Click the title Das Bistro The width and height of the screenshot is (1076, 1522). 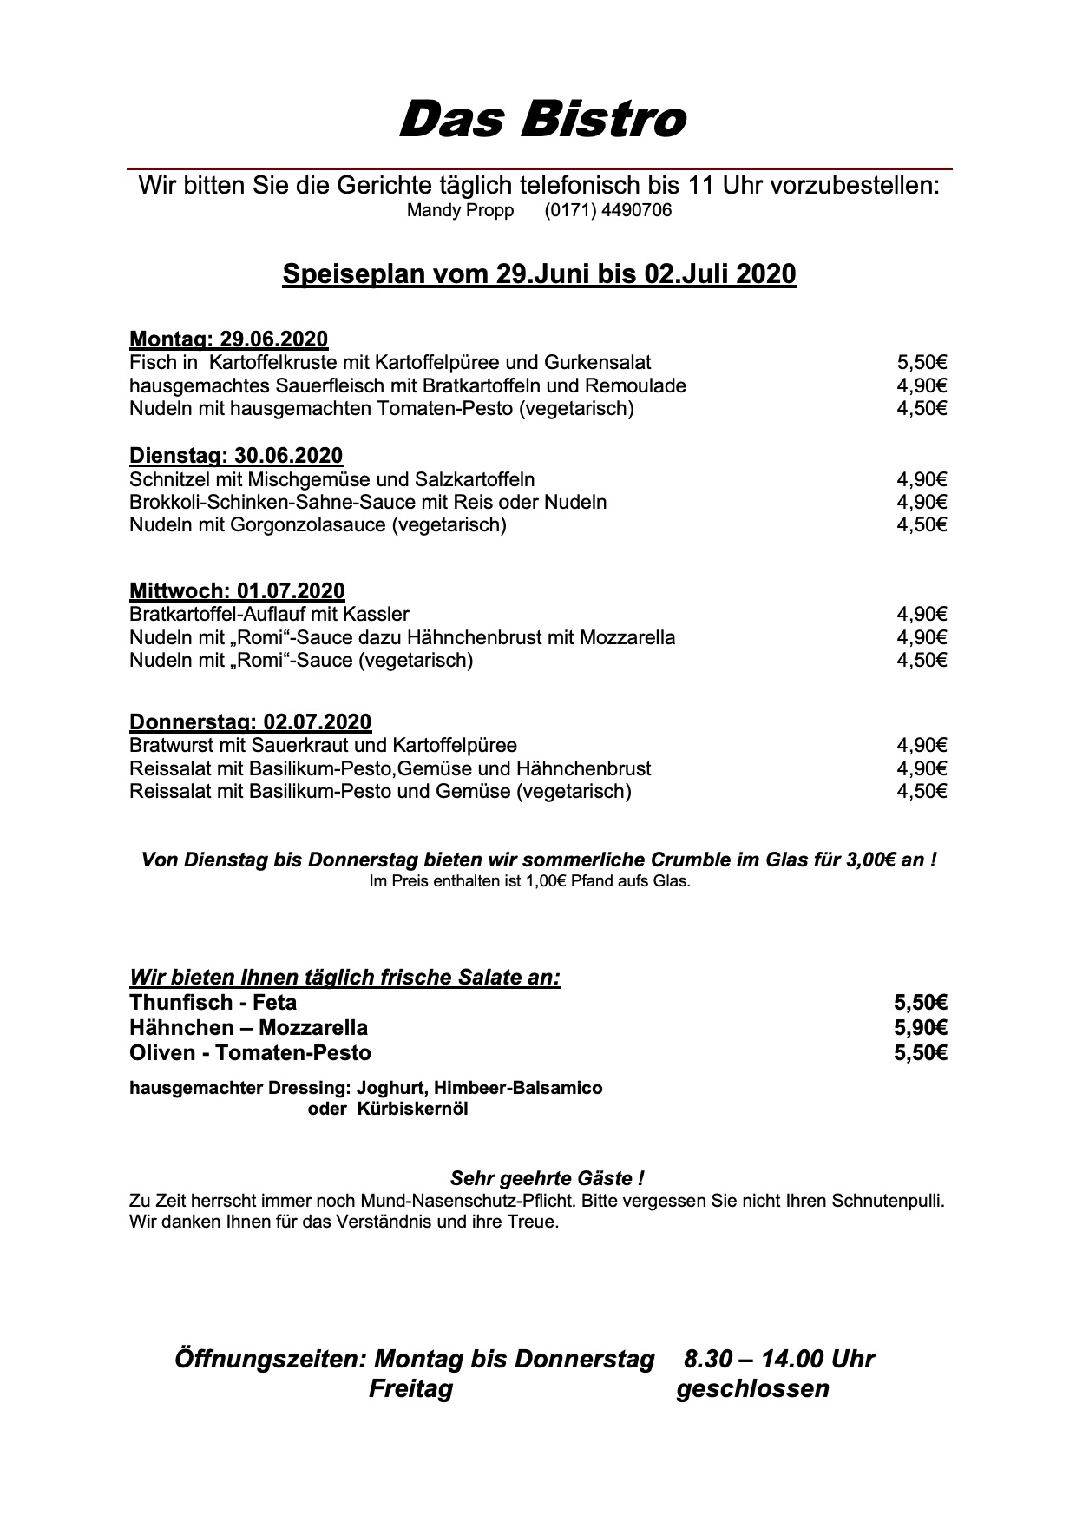[541, 119]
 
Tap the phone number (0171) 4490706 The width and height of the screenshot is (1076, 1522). [607, 210]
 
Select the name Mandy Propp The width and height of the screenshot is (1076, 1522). [460, 210]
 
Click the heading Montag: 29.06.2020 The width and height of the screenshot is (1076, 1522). [229, 339]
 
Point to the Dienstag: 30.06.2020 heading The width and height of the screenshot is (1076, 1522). [236, 456]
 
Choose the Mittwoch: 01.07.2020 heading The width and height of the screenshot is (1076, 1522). [237, 591]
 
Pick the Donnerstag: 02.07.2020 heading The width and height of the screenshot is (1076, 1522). [250, 722]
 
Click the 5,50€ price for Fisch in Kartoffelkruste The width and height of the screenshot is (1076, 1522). [922, 362]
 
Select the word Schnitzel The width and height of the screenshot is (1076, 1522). [167, 479]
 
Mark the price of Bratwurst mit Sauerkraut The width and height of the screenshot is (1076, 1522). [922, 745]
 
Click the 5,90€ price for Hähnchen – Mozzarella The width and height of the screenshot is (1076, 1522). [921, 1028]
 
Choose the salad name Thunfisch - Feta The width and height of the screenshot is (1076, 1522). [213, 1003]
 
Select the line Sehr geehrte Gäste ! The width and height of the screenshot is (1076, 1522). [547, 1178]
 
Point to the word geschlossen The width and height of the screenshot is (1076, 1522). [752, 1388]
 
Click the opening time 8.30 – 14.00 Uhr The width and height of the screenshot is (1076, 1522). [778, 1359]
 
